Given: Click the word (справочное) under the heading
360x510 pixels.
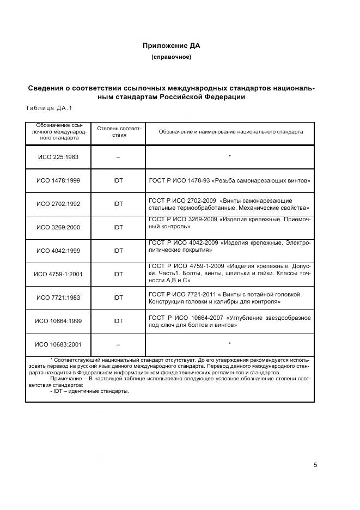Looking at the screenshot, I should coord(171,57).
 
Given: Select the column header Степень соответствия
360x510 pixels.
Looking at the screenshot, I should coord(119,131).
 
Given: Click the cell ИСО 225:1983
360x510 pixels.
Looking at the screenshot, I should coord(58,157).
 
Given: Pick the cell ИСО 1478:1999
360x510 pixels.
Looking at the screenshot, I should coord(58,180).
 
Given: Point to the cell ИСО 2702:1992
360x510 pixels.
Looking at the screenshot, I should coord(58,204).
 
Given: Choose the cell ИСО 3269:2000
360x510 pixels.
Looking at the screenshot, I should coord(58,227).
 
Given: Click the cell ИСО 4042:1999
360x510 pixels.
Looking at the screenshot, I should coord(58,251).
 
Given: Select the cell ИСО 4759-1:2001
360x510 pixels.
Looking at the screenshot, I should coord(58,274).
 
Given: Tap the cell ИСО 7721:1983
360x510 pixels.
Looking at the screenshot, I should coord(58,297).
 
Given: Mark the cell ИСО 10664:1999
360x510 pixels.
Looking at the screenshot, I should coord(58,321).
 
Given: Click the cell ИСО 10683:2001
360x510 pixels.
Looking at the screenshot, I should coord(58,344).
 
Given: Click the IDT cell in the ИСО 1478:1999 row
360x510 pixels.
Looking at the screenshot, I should coord(118,180).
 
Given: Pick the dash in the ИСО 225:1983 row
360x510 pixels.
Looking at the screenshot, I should coord(118,157).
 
